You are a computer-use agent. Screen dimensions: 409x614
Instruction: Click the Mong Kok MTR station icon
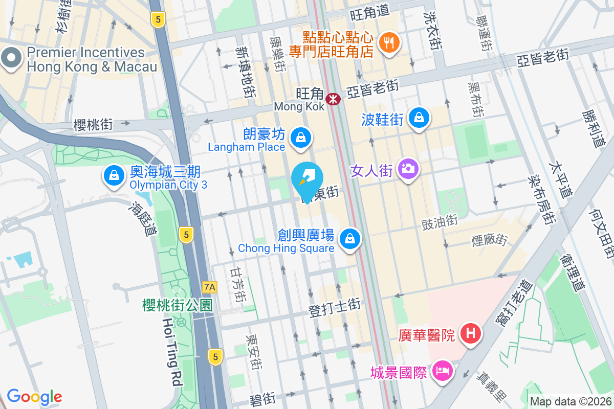click(x=333, y=98)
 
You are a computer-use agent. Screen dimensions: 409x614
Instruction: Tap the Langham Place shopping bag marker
click(x=301, y=138)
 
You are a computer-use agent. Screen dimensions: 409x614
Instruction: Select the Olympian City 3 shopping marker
click(x=114, y=176)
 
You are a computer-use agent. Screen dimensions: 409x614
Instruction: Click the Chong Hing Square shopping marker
click(x=350, y=239)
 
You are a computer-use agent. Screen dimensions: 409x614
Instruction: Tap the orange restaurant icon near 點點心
click(x=389, y=43)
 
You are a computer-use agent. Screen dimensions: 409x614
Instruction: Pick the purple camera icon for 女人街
click(x=408, y=168)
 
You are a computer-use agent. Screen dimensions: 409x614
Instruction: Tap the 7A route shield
click(x=210, y=287)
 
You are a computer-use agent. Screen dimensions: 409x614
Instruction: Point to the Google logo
click(x=34, y=396)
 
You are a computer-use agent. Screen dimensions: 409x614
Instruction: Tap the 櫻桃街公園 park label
click(x=177, y=306)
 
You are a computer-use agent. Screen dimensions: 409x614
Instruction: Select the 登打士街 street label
click(x=335, y=307)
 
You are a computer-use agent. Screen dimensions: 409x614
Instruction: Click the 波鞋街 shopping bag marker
click(x=420, y=118)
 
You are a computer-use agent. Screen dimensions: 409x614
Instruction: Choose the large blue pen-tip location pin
click(x=307, y=177)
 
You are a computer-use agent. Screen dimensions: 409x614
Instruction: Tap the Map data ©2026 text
click(x=571, y=402)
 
